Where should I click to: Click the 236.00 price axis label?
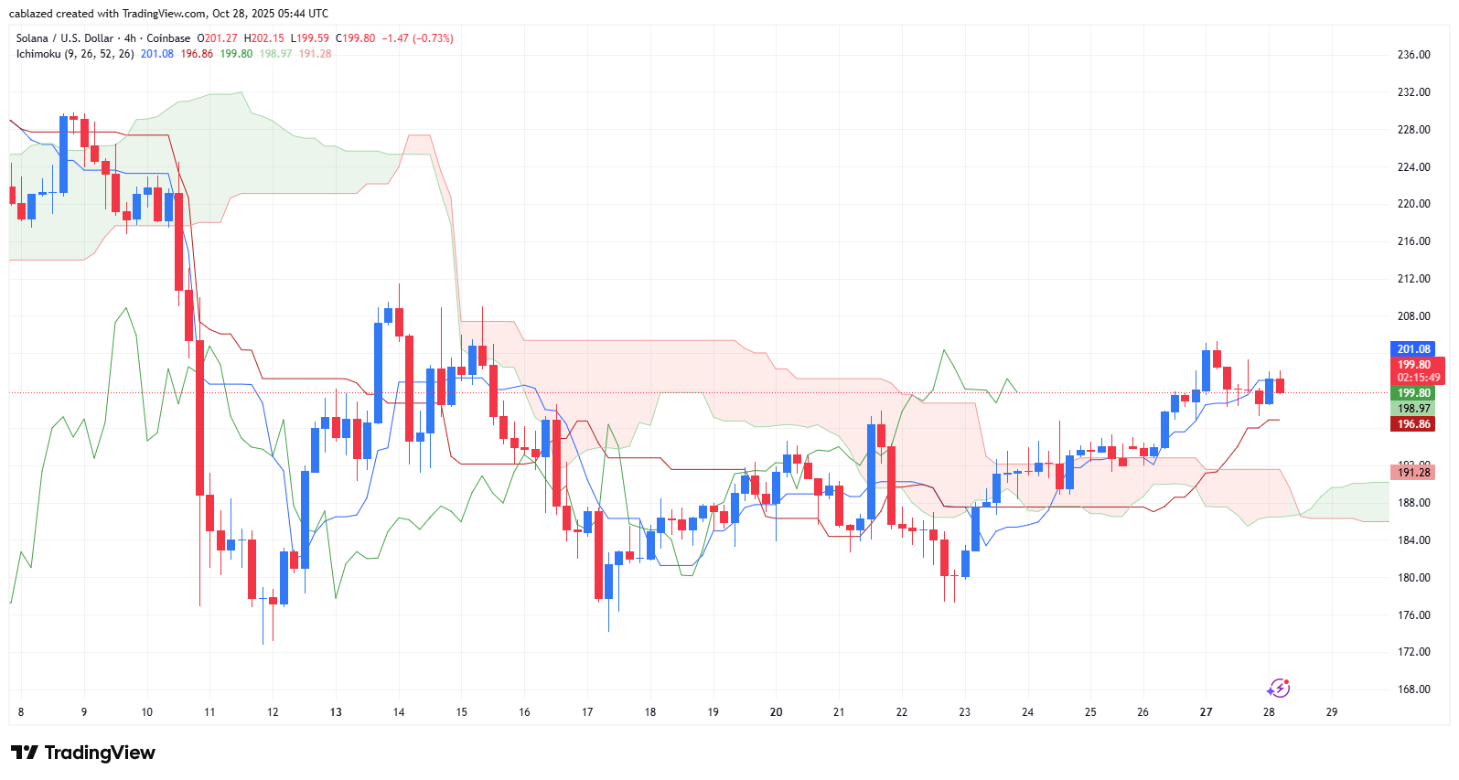pyautogui.click(x=1413, y=55)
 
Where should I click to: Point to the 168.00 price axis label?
pyautogui.click(x=1413, y=689)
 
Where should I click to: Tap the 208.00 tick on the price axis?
pyautogui.click(x=1413, y=316)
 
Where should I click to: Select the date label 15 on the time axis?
pyautogui.click(x=461, y=712)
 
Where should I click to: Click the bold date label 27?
pyautogui.click(x=1206, y=712)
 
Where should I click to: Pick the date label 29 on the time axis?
pyautogui.click(x=1331, y=712)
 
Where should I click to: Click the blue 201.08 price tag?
pyautogui.click(x=1413, y=349)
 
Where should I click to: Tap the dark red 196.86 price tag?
pyautogui.click(x=1413, y=424)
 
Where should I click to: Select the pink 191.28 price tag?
pyautogui.click(x=1413, y=473)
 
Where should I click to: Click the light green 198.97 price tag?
pyautogui.click(x=1413, y=409)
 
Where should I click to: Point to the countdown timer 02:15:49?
pyautogui.click(x=1418, y=378)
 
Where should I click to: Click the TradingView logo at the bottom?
pyautogui.click(x=83, y=753)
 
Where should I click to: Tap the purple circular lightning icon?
pyautogui.click(x=1278, y=689)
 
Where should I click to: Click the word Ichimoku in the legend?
pyautogui.click(x=38, y=54)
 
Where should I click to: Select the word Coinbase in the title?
pyautogui.click(x=168, y=38)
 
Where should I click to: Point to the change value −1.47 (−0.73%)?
pyautogui.click(x=417, y=38)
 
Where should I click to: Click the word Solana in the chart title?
pyautogui.click(x=32, y=38)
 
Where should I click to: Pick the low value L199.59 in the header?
pyautogui.click(x=309, y=38)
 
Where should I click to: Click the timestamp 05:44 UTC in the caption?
pyautogui.click(x=294, y=14)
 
